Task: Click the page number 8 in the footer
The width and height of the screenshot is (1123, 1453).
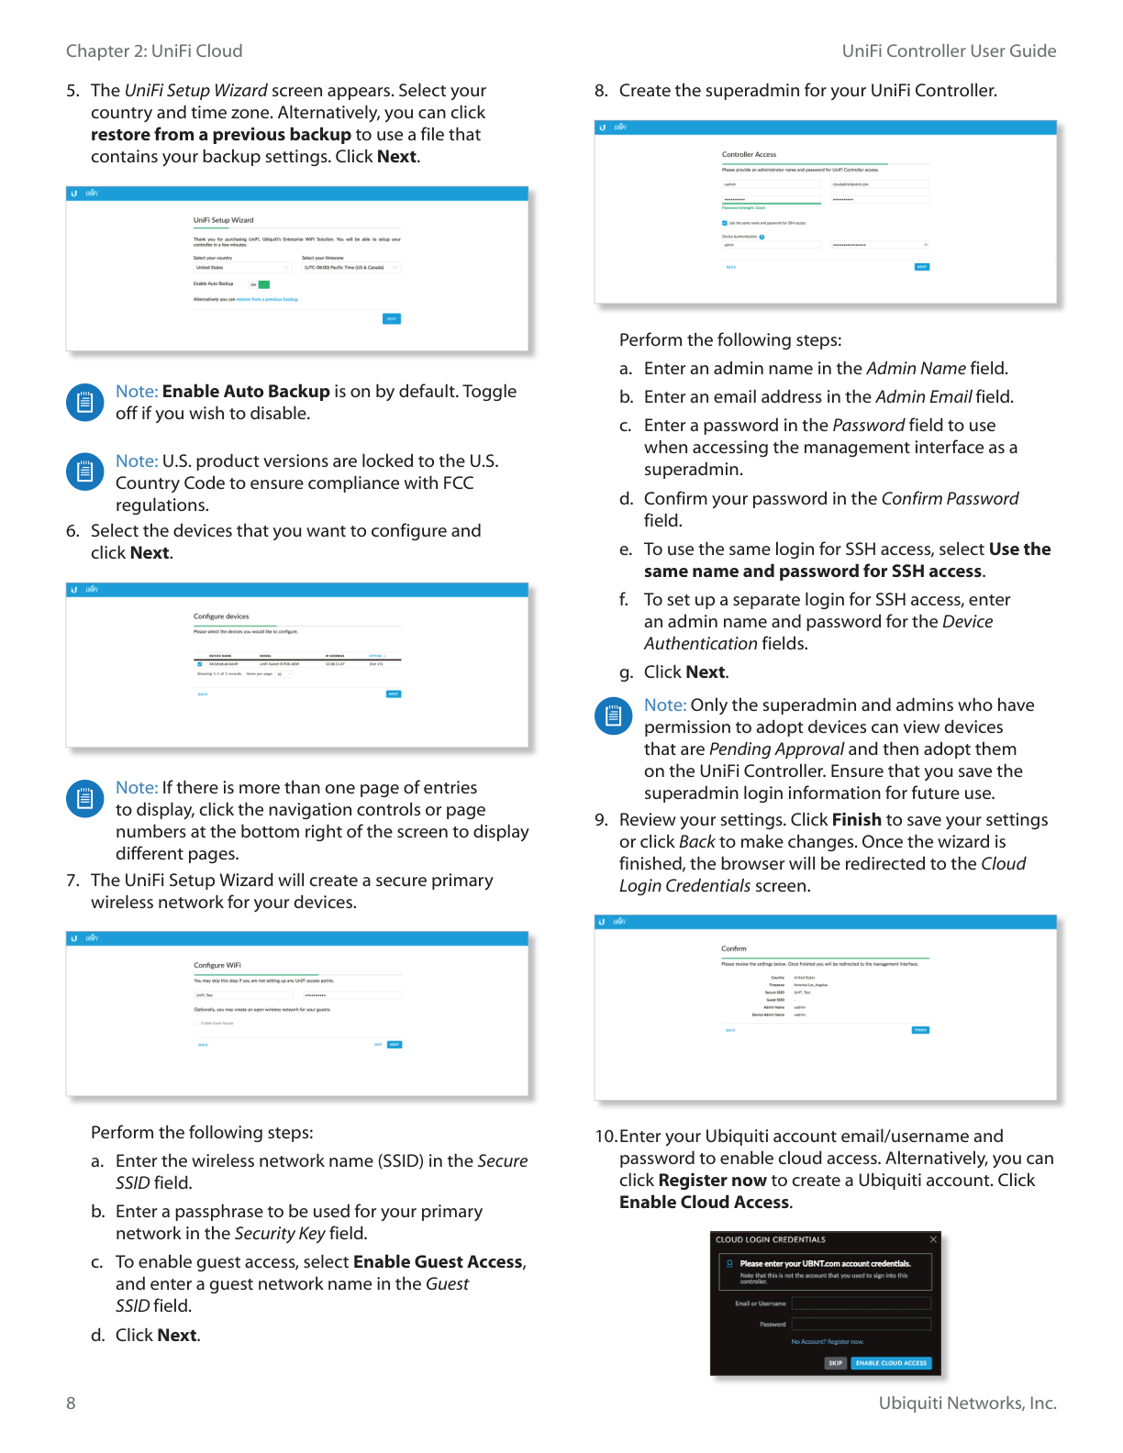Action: pos(71,1403)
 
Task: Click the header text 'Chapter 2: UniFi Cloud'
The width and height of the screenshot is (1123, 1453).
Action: pos(154,51)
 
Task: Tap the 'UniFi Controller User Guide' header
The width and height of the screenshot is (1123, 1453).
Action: pos(949,51)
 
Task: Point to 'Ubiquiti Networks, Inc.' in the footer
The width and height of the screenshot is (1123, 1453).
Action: pos(967,1403)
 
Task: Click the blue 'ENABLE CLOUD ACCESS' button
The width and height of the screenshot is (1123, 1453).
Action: pos(891,1363)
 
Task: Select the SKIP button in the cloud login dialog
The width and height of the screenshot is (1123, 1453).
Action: pos(835,1363)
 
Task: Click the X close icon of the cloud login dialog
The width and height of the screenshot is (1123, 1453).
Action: pos(933,1239)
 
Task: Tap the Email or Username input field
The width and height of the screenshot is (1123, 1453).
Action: pos(861,1303)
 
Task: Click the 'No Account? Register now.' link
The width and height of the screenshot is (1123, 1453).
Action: pos(828,1342)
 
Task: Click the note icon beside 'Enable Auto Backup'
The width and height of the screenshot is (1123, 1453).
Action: pos(84,402)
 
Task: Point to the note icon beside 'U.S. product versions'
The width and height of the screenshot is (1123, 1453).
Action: pos(84,471)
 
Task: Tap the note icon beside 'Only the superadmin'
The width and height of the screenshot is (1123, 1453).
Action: pos(613,715)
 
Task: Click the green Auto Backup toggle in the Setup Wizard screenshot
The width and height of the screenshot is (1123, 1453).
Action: pos(263,284)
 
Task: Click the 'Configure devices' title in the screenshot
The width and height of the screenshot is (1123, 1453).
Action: pos(221,616)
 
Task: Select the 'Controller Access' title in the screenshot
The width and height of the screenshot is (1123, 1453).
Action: pos(749,154)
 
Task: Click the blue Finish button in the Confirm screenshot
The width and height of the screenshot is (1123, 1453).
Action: pos(920,1030)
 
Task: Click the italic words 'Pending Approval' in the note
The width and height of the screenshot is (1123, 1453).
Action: pos(776,749)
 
